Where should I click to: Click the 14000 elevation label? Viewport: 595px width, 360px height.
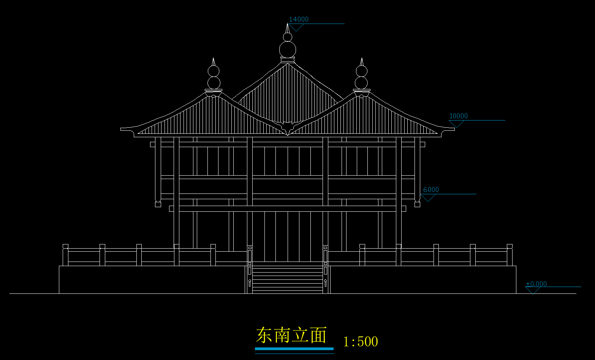tap(299, 19)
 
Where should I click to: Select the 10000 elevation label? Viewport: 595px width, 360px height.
tap(458, 116)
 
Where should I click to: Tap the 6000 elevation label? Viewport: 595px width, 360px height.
tap(431, 190)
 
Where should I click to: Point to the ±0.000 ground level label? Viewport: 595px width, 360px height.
tap(536, 284)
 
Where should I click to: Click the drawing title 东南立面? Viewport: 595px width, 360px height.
tap(291, 335)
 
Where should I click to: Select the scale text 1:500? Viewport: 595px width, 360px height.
tap(360, 342)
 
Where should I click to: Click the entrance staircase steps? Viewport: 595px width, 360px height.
tap(288, 279)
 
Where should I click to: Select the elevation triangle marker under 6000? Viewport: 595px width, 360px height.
tap(428, 198)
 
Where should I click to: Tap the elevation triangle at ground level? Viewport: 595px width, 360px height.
tap(533, 290)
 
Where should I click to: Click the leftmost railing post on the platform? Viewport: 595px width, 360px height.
tap(65, 255)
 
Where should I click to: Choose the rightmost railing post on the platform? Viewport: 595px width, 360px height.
tap(510, 255)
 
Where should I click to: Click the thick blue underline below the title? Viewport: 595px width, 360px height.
tap(294, 349)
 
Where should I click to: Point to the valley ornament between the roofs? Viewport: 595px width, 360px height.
tap(288, 128)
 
